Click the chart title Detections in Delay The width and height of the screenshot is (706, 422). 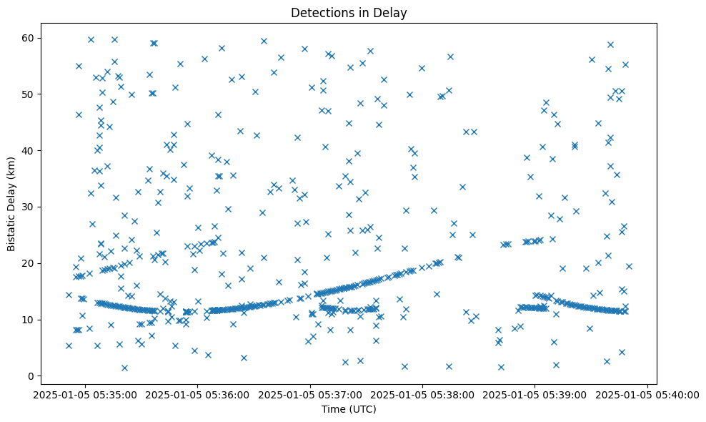tap(349, 12)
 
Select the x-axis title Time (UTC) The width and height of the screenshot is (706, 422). tap(349, 410)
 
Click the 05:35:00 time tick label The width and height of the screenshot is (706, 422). tap(85, 394)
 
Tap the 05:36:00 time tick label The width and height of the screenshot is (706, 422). tap(198, 394)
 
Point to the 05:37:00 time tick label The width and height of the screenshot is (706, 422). tap(310, 394)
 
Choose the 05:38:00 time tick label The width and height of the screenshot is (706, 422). tap(422, 394)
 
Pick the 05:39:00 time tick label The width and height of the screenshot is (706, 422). tap(535, 394)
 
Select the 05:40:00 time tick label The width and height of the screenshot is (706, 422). tap(647, 394)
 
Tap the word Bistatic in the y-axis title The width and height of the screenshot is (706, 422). tap(12, 228)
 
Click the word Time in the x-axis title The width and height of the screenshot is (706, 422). tap(333, 410)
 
